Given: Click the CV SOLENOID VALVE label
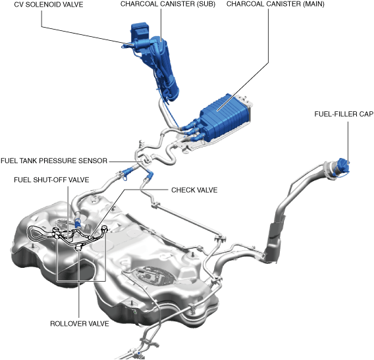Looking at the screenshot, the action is [49, 5].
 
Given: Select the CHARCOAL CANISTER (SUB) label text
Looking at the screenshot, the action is [168, 4].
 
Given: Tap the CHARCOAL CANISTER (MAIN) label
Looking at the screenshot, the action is [275, 4].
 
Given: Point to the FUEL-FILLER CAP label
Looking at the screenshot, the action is [344, 114].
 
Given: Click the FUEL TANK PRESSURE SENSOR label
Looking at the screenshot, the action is [54, 161].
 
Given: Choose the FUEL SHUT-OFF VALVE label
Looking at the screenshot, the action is [51, 180].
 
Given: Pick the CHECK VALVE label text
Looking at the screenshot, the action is [194, 190].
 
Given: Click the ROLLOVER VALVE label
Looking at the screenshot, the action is [80, 324].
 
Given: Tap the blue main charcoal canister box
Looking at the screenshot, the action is [225, 117].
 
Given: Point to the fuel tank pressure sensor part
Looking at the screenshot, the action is [146, 160].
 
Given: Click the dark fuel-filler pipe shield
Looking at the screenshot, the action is [275, 241].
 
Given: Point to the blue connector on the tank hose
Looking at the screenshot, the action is [78, 222].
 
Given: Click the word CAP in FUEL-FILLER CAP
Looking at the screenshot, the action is [366, 114].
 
